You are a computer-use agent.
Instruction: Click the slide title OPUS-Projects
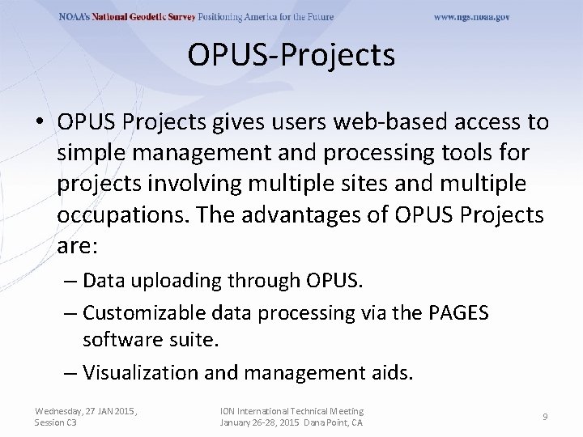tap(291, 56)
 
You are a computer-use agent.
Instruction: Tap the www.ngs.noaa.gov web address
tap(471, 17)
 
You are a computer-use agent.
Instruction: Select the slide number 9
tap(545, 417)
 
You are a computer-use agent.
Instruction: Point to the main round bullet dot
tap(40, 123)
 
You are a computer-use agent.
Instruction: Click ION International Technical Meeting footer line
tap(291, 412)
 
